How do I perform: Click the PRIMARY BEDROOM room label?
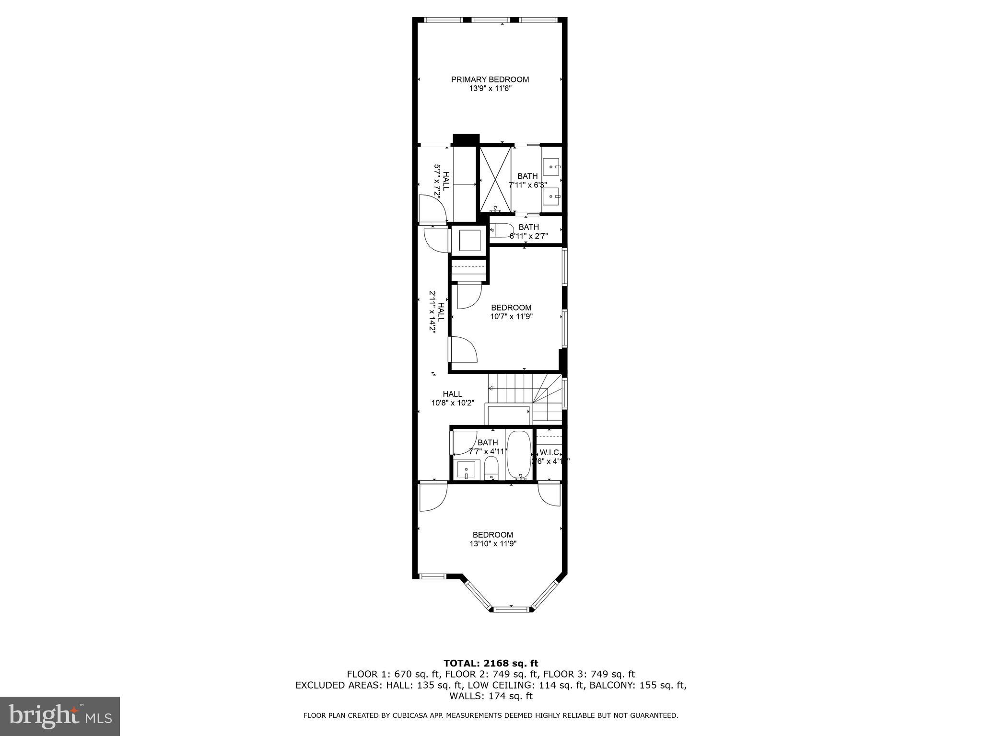click(490, 80)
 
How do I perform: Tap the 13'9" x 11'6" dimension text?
click(490, 89)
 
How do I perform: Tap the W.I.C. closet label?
click(549, 452)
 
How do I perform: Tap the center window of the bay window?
click(511, 609)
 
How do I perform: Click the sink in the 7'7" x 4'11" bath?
click(467, 470)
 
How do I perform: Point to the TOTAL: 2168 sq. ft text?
click(491, 664)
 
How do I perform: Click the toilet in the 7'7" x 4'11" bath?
click(491, 467)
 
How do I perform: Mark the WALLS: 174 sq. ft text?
click(491, 696)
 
